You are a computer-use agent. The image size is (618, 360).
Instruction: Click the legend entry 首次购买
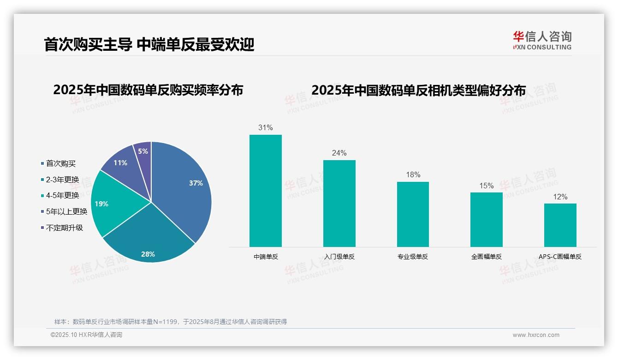[x=60, y=163]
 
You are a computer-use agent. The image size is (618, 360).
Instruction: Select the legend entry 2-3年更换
[x=62, y=180]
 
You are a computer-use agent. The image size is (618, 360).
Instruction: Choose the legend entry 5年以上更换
[x=66, y=211]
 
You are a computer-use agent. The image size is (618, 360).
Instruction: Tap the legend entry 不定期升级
[x=64, y=228]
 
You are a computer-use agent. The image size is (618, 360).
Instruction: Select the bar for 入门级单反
[x=339, y=203]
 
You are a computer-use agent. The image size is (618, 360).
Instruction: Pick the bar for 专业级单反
[x=413, y=214]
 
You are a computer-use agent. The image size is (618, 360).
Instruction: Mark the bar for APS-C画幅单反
[x=560, y=225]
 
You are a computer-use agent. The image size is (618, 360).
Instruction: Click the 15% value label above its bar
[x=487, y=186]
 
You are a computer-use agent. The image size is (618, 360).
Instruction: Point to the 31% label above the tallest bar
[x=266, y=128]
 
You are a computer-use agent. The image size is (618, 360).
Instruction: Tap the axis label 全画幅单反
[x=487, y=257]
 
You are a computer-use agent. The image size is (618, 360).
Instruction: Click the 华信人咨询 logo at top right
[x=542, y=40]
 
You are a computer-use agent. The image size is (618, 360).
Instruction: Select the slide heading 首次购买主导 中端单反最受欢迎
[x=149, y=44]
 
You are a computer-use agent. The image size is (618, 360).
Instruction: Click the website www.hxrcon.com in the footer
[x=536, y=335]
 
